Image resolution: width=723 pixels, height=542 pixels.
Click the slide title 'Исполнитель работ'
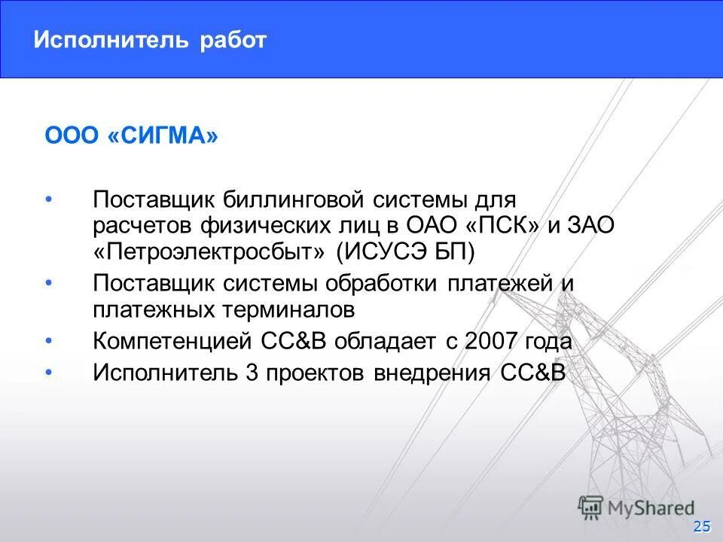click(x=149, y=40)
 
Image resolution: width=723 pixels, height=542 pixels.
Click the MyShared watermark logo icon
click(x=590, y=507)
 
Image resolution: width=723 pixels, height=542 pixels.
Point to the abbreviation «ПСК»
click(x=495, y=226)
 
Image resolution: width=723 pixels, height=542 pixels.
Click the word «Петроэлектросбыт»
click(x=214, y=251)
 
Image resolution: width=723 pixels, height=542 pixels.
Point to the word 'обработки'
click(x=386, y=284)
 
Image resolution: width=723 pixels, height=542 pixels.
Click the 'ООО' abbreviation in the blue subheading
click(x=72, y=137)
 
